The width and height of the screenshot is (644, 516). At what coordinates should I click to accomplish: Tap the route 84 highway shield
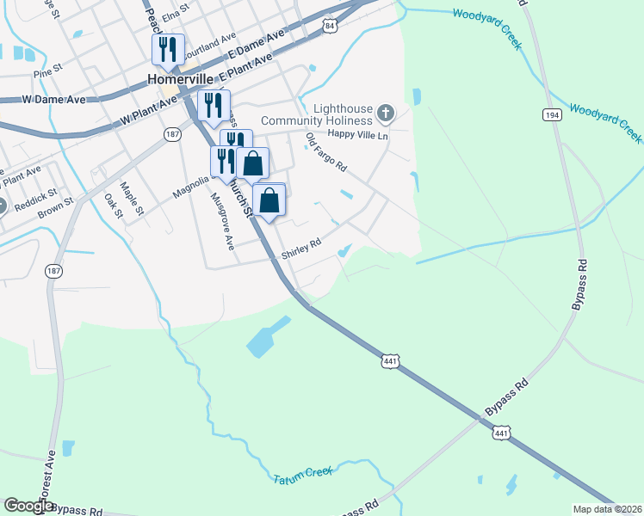tap(331, 27)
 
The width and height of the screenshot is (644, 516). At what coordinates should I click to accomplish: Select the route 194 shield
tap(551, 114)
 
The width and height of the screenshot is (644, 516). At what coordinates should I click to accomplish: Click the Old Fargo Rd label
tap(326, 152)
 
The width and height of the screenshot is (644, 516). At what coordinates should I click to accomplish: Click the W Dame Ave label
tap(54, 100)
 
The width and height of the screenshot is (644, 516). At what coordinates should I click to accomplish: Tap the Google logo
tap(29, 506)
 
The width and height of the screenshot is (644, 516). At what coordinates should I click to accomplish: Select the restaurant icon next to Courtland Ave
tap(167, 48)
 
